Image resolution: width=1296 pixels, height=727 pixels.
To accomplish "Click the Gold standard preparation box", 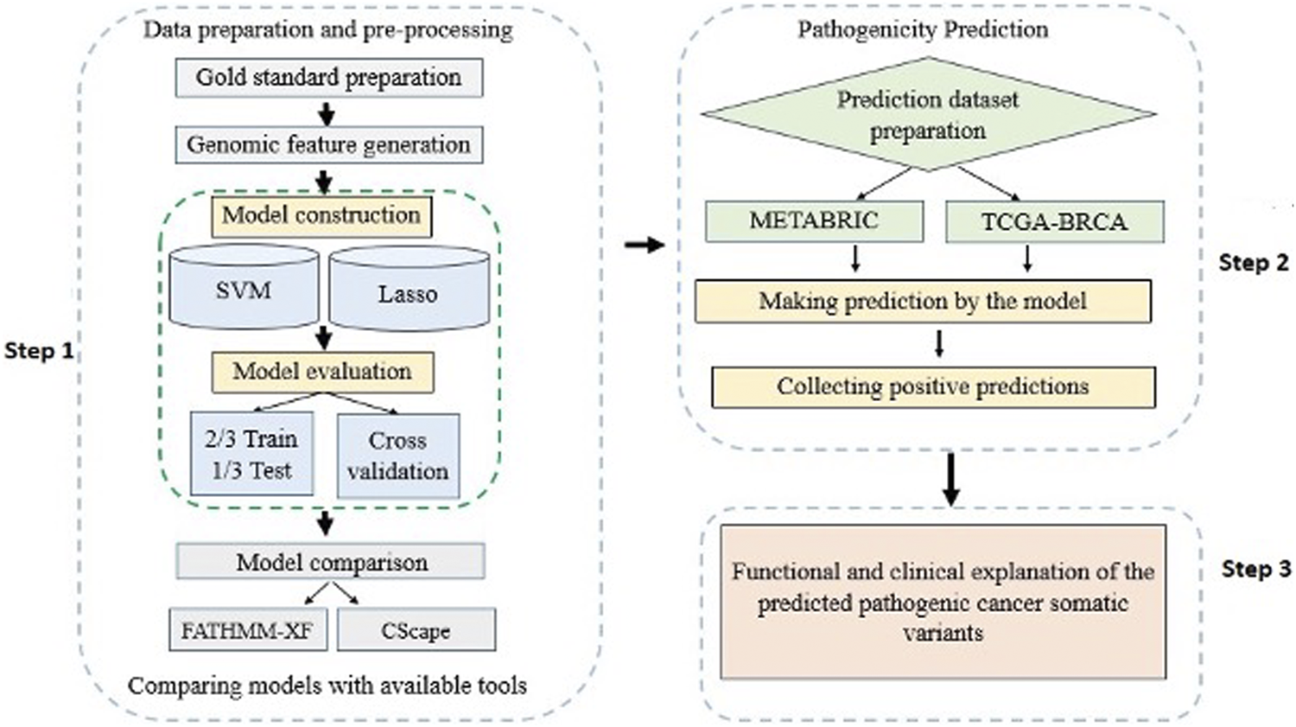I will click(x=328, y=78).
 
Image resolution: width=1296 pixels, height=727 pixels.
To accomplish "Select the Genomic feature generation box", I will click(x=328, y=144).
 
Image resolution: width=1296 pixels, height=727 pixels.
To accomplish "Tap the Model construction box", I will click(x=321, y=215).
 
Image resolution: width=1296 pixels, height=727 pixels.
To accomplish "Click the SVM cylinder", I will click(x=244, y=290).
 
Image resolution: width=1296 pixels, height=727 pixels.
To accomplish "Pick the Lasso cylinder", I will click(x=409, y=293).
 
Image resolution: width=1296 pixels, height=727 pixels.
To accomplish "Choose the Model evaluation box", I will click(x=322, y=372).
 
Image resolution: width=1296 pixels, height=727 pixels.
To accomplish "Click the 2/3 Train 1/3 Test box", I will click(x=251, y=454).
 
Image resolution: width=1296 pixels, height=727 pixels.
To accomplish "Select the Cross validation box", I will click(x=397, y=456).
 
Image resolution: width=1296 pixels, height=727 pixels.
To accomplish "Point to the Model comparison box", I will click(x=331, y=562).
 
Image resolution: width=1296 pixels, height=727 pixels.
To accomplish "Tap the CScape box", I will click(x=416, y=630).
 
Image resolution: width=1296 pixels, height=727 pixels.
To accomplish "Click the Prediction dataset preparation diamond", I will click(x=928, y=114).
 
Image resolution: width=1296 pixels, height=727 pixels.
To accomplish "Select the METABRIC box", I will click(x=814, y=221).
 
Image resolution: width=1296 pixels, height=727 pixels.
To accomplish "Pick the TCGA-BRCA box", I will click(x=1054, y=222).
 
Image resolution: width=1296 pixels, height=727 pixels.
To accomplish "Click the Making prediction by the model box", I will click(x=923, y=301).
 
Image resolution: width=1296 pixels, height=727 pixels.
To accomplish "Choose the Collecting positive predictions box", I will click(x=933, y=386).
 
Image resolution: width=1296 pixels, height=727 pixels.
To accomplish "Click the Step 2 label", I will click(x=1253, y=263).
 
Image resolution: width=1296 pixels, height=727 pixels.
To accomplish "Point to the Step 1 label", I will click(x=39, y=351).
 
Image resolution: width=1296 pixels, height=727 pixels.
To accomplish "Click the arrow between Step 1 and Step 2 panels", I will click(x=644, y=246).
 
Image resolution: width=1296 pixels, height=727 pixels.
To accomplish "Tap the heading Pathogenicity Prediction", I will click(x=923, y=29).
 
